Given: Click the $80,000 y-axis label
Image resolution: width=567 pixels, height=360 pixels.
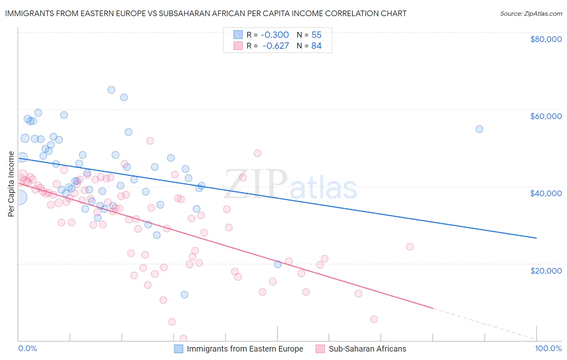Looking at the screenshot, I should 546,39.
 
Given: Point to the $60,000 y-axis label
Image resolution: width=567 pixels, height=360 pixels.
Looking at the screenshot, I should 546,116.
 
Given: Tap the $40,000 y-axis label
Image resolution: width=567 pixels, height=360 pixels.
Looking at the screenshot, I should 546,193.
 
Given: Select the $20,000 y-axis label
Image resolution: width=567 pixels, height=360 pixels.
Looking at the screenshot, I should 546,270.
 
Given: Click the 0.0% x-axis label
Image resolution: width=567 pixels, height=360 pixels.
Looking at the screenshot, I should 27,348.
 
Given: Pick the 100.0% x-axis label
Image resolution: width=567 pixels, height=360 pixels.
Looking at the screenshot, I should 548,348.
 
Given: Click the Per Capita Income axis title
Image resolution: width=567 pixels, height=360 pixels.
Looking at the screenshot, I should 11,184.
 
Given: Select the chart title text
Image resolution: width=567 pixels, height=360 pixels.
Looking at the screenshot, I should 206,13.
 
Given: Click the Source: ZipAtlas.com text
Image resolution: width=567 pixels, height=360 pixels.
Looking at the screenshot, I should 531,13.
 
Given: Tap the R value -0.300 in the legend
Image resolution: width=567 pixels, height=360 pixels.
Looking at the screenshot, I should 275,35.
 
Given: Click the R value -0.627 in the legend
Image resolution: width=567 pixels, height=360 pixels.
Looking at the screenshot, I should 275,46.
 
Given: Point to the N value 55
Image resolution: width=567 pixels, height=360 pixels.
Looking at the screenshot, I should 317,35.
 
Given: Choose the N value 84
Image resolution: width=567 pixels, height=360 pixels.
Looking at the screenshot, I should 317,46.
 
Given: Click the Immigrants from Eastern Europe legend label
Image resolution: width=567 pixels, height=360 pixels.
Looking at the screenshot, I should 245,349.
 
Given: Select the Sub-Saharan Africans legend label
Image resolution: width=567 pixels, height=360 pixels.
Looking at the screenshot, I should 367,349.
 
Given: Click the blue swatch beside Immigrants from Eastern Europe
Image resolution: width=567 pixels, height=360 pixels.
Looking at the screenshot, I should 179,349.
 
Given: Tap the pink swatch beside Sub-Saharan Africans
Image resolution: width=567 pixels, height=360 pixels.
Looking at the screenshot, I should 321,349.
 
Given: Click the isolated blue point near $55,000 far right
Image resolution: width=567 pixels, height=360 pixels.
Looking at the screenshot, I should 479,129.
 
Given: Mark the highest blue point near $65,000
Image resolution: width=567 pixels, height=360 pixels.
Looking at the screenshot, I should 111,90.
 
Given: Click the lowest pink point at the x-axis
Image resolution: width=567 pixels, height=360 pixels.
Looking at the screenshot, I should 183,338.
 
